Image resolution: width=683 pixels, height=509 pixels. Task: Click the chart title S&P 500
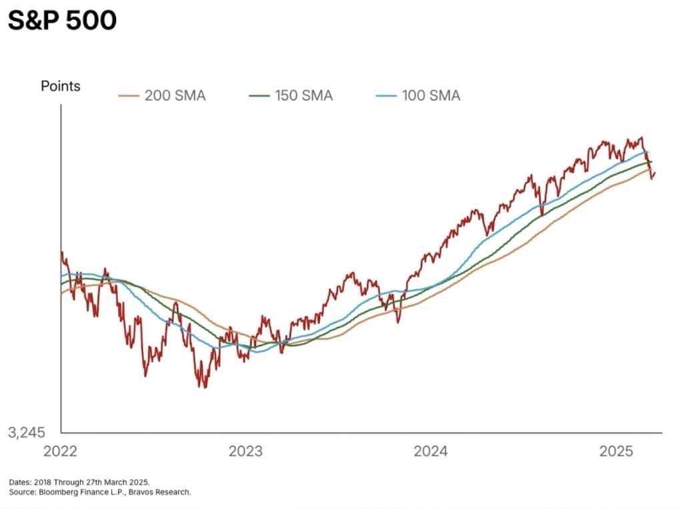(62, 21)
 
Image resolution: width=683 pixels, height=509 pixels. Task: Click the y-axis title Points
(61, 86)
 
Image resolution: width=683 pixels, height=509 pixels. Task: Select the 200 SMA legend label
(175, 95)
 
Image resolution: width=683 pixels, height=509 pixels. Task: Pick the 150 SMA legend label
(303, 95)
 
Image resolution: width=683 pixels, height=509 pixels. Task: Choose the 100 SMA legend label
(431, 95)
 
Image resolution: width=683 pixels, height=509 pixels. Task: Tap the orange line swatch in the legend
(128, 95)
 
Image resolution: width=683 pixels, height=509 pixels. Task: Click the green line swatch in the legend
(259, 95)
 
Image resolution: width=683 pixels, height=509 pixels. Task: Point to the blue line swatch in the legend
(386, 95)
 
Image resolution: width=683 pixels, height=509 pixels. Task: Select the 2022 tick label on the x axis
(60, 452)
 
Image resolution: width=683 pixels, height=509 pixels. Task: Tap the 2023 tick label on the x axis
(245, 452)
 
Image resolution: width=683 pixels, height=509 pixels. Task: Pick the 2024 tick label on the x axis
(431, 452)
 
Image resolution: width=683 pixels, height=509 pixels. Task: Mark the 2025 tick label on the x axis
(616, 452)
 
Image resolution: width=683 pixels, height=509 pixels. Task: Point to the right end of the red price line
(656, 173)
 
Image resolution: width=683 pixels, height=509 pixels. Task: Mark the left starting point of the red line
(61, 252)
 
